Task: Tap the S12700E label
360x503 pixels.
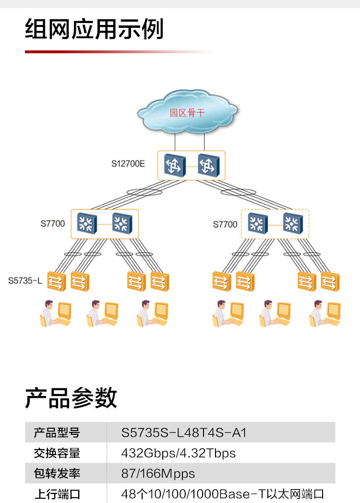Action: [x=128, y=163]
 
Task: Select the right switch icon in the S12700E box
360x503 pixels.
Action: [x=208, y=166]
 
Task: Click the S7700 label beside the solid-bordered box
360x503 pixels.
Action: [x=53, y=224]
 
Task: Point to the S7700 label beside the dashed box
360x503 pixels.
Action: [x=225, y=224]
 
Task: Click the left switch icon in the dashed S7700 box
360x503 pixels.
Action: [x=258, y=224]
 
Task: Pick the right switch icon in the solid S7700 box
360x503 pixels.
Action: [x=122, y=224]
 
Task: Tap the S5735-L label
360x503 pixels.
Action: [x=25, y=280]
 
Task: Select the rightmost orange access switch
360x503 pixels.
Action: [x=330, y=281]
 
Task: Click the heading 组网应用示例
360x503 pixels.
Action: [x=94, y=29]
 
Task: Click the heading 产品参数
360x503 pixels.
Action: [x=71, y=398]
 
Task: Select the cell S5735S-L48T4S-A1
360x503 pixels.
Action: [x=184, y=432]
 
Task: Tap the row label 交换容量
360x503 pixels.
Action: [x=57, y=453]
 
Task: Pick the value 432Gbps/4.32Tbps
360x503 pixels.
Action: [x=179, y=453]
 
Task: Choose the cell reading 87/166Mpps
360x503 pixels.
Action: [x=158, y=474]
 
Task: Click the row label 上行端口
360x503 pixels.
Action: [x=57, y=494]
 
